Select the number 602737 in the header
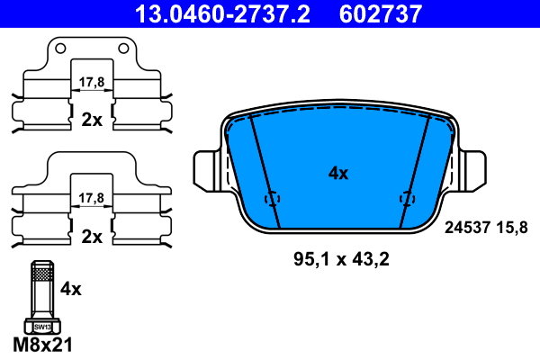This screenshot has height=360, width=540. pos(380,13)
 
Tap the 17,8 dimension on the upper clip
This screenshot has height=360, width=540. pos(92,82)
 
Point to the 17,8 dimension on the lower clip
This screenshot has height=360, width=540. pos(92,197)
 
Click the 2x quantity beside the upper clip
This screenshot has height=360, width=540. pos(92,119)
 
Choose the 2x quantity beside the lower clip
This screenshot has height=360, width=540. pos(92,237)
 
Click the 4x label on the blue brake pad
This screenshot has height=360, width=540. pos(337,174)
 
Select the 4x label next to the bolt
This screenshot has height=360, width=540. pos(70,289)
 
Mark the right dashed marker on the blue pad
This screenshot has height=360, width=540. pos(406,199)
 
